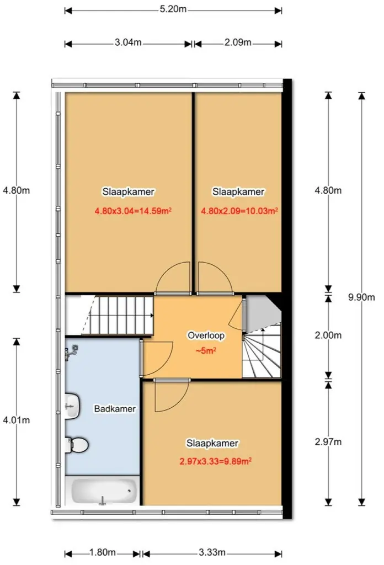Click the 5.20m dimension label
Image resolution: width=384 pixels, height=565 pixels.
tap(173, 9)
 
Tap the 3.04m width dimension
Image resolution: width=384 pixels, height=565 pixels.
tap(128, 42)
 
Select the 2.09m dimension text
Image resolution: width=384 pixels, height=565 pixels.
tap(238, 42)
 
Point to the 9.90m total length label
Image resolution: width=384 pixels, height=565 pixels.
tap(361, 297)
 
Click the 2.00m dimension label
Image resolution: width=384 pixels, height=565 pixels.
tap(328, 335)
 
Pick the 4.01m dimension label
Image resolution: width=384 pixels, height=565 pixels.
tap(16, 420)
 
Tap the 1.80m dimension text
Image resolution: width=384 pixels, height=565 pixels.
tap(102, 552)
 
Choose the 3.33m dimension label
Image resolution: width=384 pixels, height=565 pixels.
tap(212, 552)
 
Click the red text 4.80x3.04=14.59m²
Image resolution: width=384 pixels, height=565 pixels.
tap(133, 211)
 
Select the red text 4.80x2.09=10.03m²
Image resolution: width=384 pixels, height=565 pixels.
tap(239, 211)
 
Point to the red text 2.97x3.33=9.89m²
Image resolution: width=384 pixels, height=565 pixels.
tap(215, 461)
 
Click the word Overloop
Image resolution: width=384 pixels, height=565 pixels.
tap(206, 335)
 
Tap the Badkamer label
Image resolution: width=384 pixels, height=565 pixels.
tap(115, 409)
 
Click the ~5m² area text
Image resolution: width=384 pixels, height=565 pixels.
tap(206, 350)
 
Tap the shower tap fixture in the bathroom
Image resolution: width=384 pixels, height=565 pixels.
tap(72, 352)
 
